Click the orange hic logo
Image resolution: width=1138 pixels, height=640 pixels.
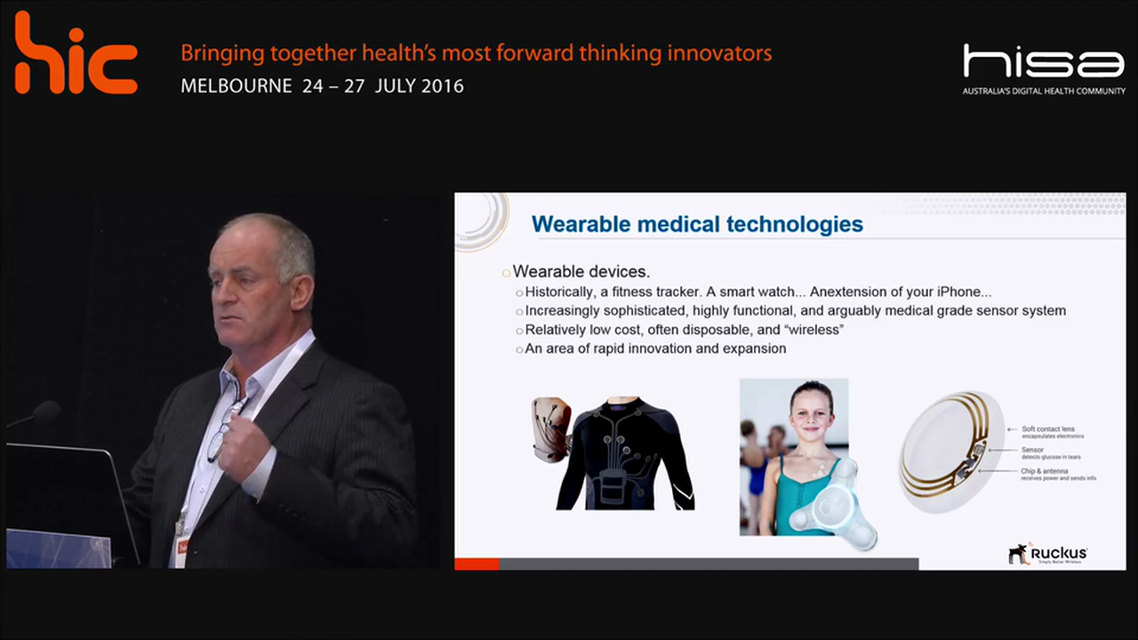pos(76,55)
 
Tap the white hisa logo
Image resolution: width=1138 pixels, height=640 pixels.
pos(1044,62)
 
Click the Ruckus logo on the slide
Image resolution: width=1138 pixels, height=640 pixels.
pos(1048,554)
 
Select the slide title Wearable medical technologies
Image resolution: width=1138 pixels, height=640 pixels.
pos(697,224)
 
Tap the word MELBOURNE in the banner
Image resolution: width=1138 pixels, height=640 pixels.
pos(236,86)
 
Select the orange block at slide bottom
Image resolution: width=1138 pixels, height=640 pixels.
pos(477,564)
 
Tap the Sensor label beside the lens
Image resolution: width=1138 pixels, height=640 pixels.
pos(1032,450)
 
